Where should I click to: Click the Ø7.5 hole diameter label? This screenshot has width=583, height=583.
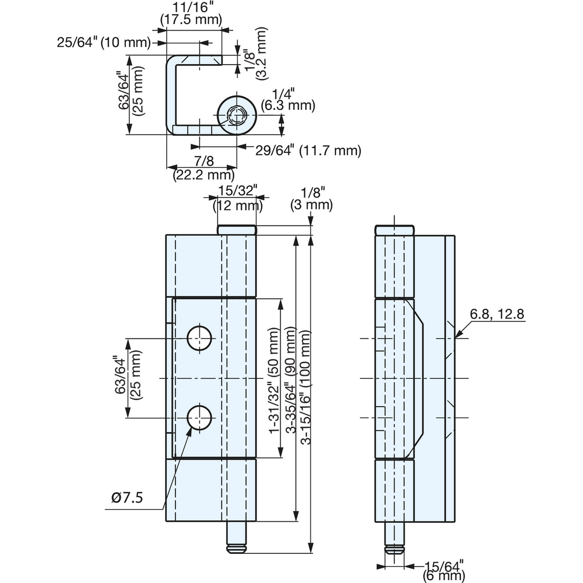tap(127, 497)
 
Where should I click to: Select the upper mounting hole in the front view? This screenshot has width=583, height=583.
tap(199, 338)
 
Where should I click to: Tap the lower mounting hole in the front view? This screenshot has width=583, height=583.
tap(199, 418)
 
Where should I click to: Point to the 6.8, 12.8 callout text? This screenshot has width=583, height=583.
tap(497, 314)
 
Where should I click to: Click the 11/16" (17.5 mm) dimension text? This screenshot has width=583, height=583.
tap(191, 14)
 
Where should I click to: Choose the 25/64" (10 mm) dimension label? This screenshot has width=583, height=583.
tap(104, 43)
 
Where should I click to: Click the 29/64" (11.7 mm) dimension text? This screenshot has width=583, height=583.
tap(309, 150)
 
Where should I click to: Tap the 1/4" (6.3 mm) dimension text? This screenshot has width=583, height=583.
tap(288, 100)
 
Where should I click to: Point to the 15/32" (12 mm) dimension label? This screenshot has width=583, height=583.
tap(238, 199)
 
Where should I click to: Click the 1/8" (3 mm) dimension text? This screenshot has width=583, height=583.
tap(311, 199)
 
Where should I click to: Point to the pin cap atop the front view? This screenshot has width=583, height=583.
tap(237, 230)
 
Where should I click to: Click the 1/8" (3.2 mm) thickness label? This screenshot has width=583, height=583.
tap(256, 54)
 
